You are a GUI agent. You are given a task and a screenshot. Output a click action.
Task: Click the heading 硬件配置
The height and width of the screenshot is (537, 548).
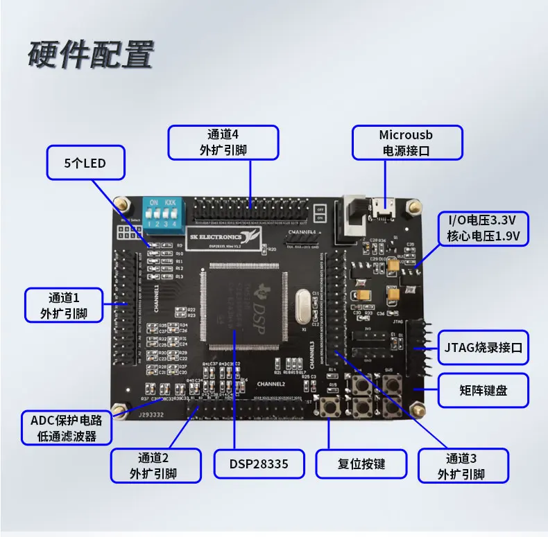(x=90, y=55)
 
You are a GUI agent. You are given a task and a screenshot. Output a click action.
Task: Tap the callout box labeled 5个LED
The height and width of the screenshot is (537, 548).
(x=85, y=164)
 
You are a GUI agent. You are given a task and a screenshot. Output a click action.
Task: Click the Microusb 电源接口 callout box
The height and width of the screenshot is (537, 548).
(x=405, y=142)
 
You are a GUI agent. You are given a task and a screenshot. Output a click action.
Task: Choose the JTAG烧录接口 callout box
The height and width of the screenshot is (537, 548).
(x=482, y=347)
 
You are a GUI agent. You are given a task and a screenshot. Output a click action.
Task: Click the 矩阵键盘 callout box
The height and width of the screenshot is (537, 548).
(x=482, y=390)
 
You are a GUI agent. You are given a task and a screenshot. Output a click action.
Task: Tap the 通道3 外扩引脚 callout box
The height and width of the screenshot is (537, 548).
(x=462, y=466)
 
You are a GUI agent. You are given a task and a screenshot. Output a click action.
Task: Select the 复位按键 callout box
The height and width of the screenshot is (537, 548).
(x=361, y=464)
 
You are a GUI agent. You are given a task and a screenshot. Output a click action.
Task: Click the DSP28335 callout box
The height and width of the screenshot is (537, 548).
(x=259, y=464)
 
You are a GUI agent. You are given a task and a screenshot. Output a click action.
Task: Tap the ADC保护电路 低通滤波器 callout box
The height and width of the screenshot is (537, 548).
(x=67, y=428)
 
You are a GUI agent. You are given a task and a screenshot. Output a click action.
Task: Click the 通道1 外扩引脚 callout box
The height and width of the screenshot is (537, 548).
(x=64, y=306)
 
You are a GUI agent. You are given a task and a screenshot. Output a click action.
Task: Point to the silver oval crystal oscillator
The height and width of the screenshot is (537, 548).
(x=301, y=307)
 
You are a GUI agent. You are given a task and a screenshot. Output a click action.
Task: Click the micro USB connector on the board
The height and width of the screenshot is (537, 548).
(x=382, y=206)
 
